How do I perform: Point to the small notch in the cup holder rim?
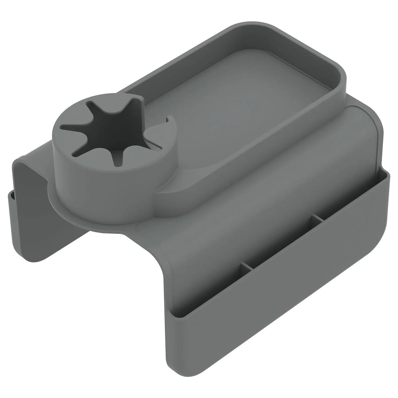click(169, 121)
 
